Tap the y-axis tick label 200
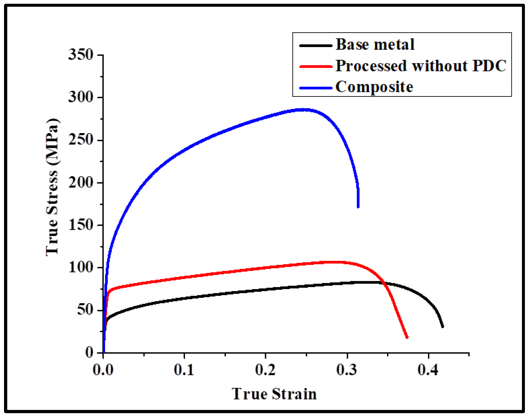click(81, 183)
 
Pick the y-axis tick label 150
click(81, 225)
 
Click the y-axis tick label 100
click(81, 267)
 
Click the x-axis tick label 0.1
click(184, 370)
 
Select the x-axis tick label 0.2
click(265, 370)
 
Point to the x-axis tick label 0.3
click(347, 370)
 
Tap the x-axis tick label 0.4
click(428, 370)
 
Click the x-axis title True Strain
click(274, 394)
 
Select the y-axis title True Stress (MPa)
click(52, 187)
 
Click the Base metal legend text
click(375, 45)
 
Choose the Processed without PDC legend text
click(421, 66)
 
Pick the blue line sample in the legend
click(316, 88)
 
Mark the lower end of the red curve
click(407, 337)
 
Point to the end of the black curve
click(442, 327)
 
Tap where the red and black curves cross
click(385, 283)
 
